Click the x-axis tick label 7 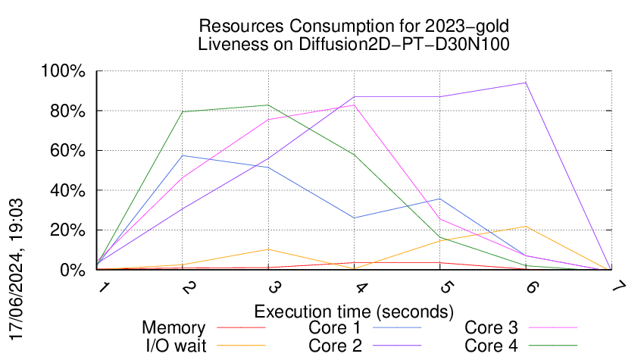click(611, 287)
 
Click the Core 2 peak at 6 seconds click(525, 83)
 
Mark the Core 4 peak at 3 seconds click(269, 105)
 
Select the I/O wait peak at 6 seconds click(525, 226)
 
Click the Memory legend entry click(174, 328)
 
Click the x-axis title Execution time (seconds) click(354, 311)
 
